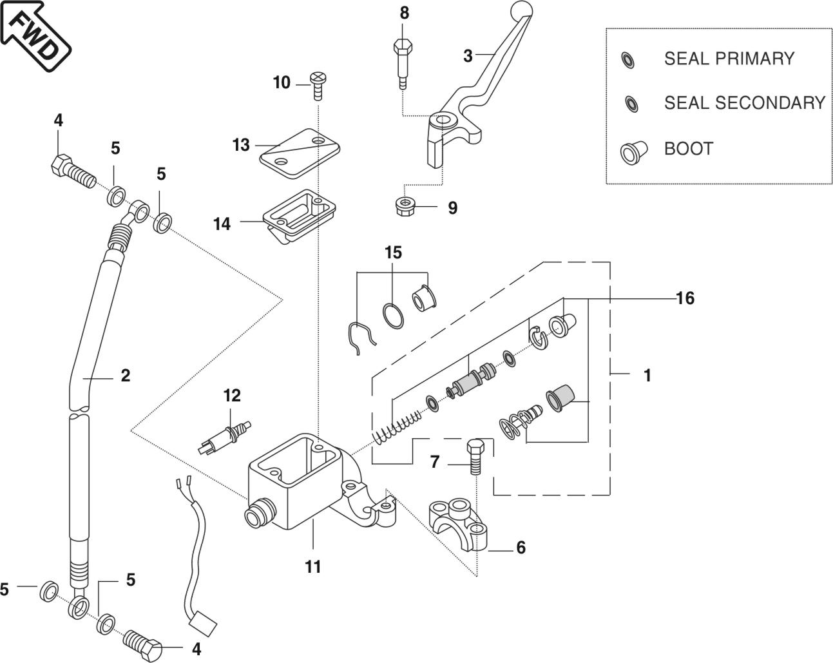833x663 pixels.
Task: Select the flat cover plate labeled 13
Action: [x=300, y=148]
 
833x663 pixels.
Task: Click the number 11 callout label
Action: [x=313, y=566]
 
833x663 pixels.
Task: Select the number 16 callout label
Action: [x=685, y=298]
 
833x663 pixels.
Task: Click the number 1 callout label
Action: [x=647, y=374]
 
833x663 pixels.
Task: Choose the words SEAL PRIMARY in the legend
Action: [x=729, y=59]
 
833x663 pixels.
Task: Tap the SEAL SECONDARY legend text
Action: [x=744, y=103]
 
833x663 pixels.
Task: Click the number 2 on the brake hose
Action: [x=125, y=374]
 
